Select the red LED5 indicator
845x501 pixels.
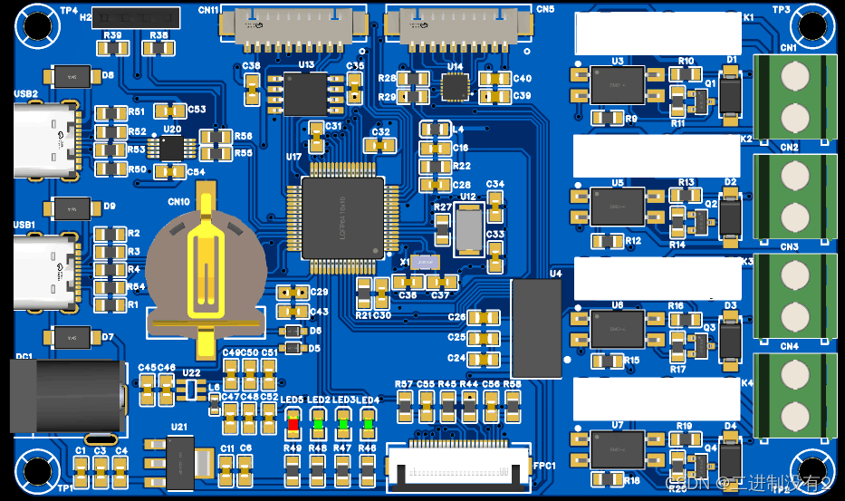[x=293, y=421]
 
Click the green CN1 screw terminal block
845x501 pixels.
[x=794, y=97]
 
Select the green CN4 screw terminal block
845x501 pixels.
[x=794, y=396]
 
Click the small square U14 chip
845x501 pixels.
[x=455, y=87]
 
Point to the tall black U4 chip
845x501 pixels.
[x=536, y=328]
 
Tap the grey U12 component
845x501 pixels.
[x=468, y=230]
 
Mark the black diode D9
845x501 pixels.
[x=73, y=207]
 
